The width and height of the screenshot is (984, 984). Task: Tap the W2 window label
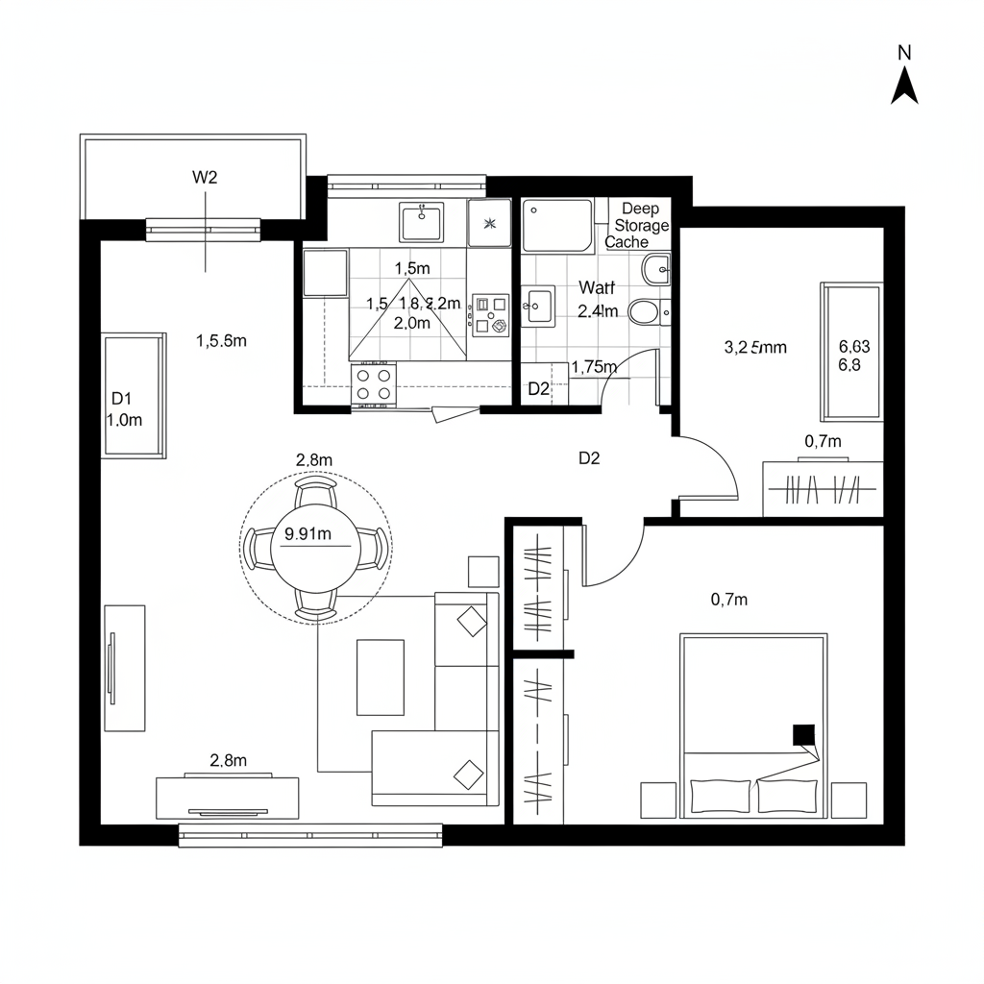[x=206, y=177]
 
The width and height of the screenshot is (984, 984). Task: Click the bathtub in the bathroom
[x=557, y=225]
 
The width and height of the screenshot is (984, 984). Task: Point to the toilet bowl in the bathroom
[x=644, y=310]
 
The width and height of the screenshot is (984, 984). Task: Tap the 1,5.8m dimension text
[x=221, y=340]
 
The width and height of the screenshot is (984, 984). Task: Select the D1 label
[x=120, y=398]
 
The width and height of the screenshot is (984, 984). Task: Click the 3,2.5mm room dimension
[x=754, y=348]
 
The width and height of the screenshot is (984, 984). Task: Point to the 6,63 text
[x=854, y=347]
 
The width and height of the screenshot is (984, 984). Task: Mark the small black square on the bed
[x=802, y=735]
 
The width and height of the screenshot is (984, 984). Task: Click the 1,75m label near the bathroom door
[x=593, y=366]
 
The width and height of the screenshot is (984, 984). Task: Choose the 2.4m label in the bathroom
[x=598, y=310]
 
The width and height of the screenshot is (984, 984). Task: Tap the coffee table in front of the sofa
[x=381, y=677]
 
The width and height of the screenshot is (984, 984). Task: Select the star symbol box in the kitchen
[x=490, y=224]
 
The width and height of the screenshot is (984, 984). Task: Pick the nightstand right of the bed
[x=849, y=799]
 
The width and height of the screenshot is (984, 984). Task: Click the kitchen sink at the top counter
[x=421, y=223]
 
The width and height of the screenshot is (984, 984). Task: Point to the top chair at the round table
[x=315, y=493]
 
